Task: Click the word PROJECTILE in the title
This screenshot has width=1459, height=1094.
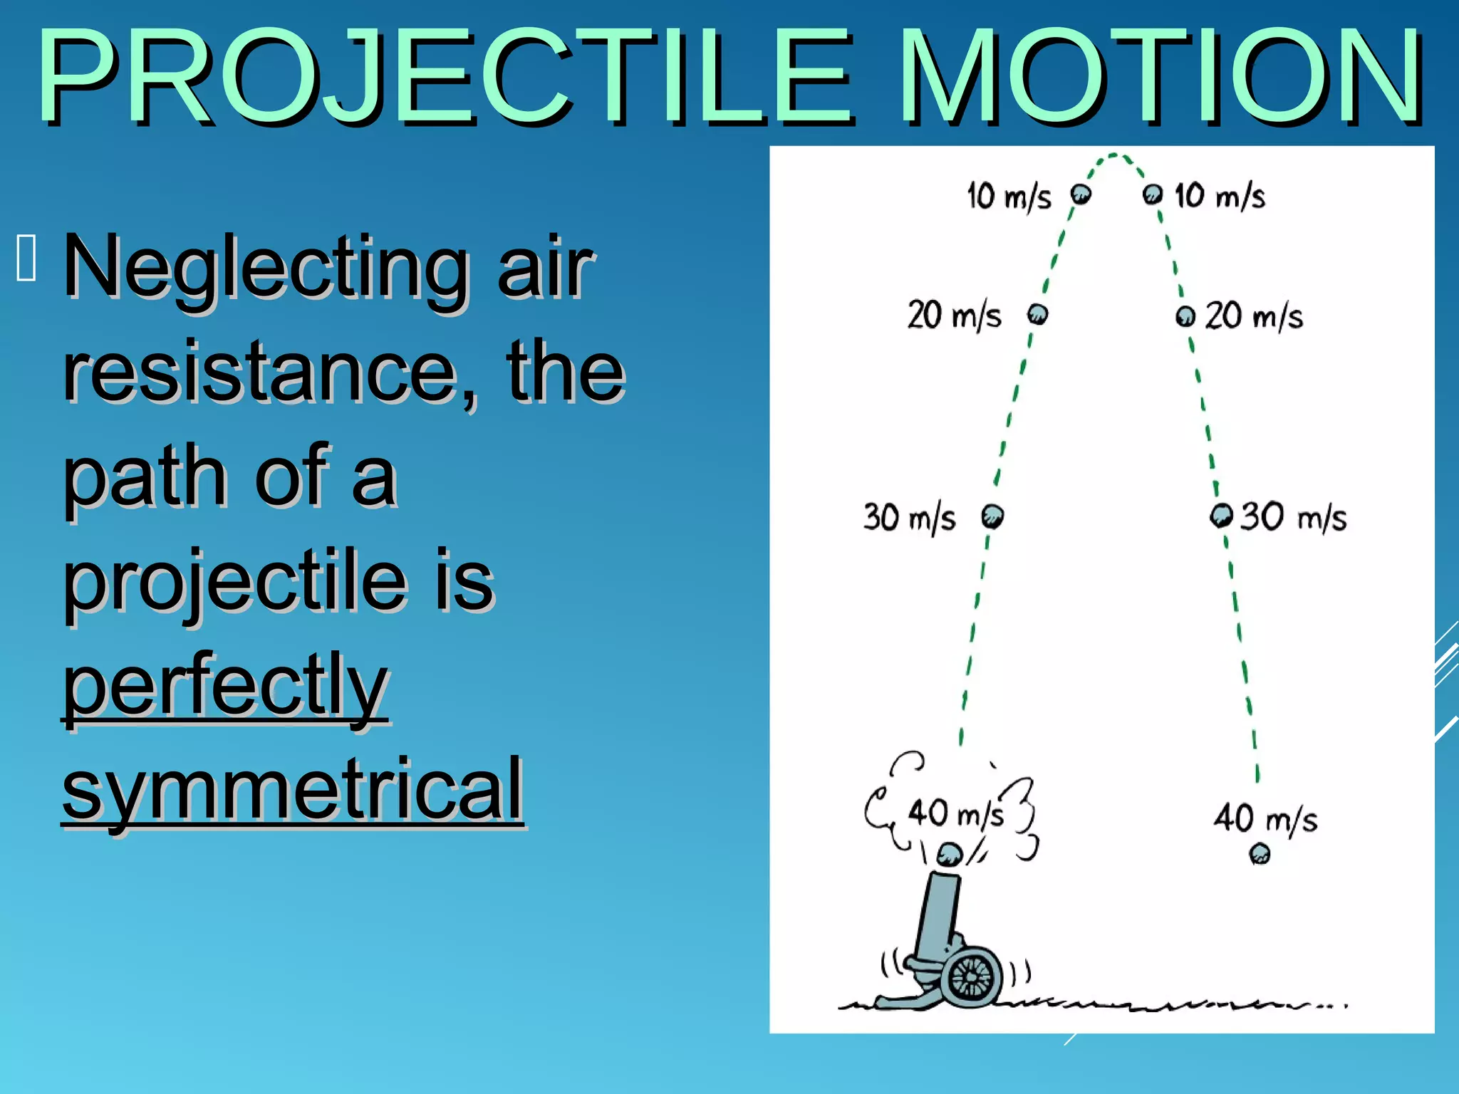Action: pos(445,77)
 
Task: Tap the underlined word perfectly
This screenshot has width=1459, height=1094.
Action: pos(225,685)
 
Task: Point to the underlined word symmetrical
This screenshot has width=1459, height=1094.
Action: pos(293,789)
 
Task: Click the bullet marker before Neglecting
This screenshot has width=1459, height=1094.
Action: pos(26,258)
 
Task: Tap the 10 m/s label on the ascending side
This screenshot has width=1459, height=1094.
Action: pos(1009,196)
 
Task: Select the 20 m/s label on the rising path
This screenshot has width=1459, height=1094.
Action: pos(954,315)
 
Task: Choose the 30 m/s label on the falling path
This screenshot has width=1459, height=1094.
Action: pos(1293,516)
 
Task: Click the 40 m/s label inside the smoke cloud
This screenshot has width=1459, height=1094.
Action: pos(955,813)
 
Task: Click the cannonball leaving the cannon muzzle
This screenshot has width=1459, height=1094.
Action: pos(949,854)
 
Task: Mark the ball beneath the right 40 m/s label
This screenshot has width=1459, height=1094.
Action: pos(1260,853)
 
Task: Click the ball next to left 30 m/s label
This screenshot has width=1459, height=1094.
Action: pos(992,516)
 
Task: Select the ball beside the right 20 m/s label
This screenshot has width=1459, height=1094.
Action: pos(1185,316)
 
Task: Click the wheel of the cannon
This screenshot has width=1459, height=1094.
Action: pos(971,976)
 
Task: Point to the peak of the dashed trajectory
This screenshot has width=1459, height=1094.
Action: pos(1114,155)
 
